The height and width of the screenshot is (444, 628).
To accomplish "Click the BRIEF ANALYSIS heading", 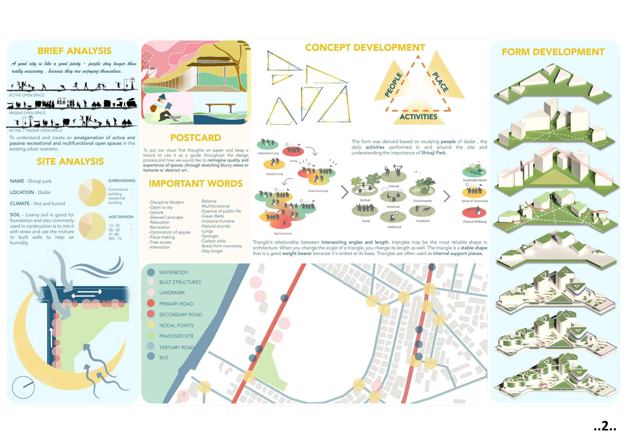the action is tap(74, 51).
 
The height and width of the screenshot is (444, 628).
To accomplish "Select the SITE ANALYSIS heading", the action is tap(70, 162).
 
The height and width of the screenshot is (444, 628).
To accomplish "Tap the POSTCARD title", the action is tap(196, 138).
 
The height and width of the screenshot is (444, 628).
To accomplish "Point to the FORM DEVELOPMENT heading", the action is tap(553, 52).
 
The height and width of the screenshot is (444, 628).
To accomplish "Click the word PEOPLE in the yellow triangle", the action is tap(394, 85).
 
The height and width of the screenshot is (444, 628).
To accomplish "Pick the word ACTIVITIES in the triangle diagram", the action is tap(418, 117).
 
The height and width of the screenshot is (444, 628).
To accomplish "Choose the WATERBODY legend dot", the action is tap(151, 272).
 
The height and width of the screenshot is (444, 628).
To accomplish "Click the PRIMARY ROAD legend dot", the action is tap(151, 304).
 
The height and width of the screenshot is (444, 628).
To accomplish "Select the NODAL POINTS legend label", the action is tap(176, 325).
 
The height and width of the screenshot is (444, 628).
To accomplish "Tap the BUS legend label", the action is tap(164, 357).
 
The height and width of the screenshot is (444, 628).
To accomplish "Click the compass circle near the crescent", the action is tap(23, 387).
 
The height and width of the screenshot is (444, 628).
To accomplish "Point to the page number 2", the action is tap(605, 426).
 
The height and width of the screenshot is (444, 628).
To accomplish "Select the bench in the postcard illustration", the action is tap(220, 107).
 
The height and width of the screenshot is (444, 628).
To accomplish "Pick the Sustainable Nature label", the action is tap(475, 180).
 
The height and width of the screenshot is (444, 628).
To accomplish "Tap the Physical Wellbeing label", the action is tap(475, 221).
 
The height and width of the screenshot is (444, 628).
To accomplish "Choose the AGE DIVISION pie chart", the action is tap(92, 226).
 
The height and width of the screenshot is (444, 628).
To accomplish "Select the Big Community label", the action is tap(283, 234).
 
